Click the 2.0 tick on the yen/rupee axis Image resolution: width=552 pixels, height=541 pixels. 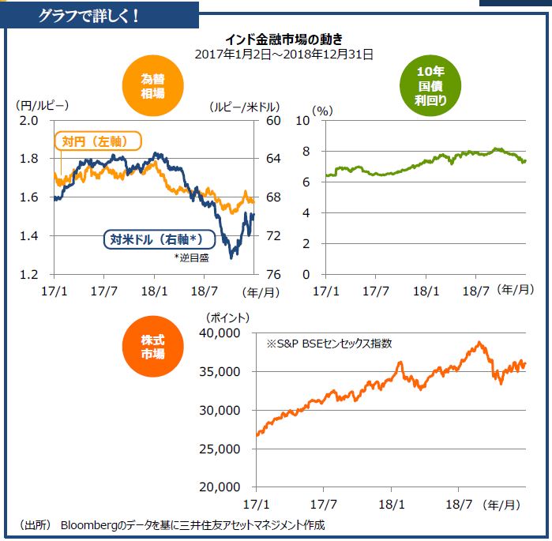point(29,120)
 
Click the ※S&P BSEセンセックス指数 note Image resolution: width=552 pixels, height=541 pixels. point(329,344)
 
